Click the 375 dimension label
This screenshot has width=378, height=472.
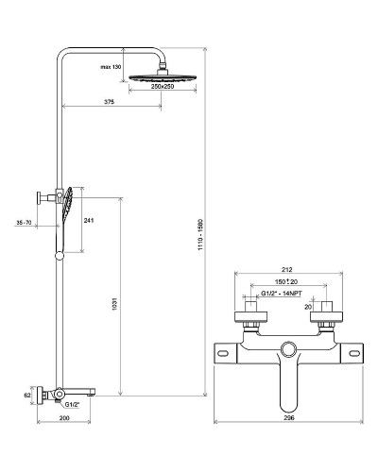coord(110,102)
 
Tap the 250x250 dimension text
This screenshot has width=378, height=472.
coord(163,86)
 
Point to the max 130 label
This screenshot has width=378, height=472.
coord(111,67)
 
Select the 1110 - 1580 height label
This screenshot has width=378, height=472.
coord(201,234)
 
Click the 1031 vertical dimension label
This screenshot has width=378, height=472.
coord(114,304)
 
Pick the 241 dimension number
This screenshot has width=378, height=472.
coord(89,221)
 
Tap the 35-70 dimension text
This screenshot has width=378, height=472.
coord(24,223)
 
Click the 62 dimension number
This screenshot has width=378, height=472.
coord(27,395)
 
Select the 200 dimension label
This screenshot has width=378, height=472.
coord(64,418)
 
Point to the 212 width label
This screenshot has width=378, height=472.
coord(287,269)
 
